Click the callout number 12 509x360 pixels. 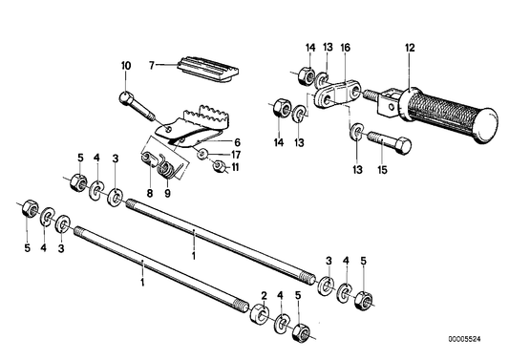point(410,47)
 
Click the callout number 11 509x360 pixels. point(236,169)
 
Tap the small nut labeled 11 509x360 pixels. point(219,168)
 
